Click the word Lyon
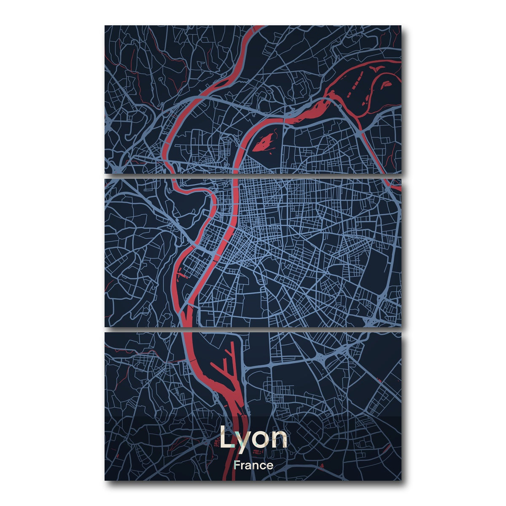coord(253,439)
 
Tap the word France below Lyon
coord(253,466)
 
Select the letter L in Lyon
coord(226,439)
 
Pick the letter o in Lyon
coord(261,440)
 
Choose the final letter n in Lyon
coord(280,440)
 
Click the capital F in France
coord(237,466)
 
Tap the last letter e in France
coord(270,466)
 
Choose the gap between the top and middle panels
coord(253,175)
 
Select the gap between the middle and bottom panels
coord(253,329)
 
